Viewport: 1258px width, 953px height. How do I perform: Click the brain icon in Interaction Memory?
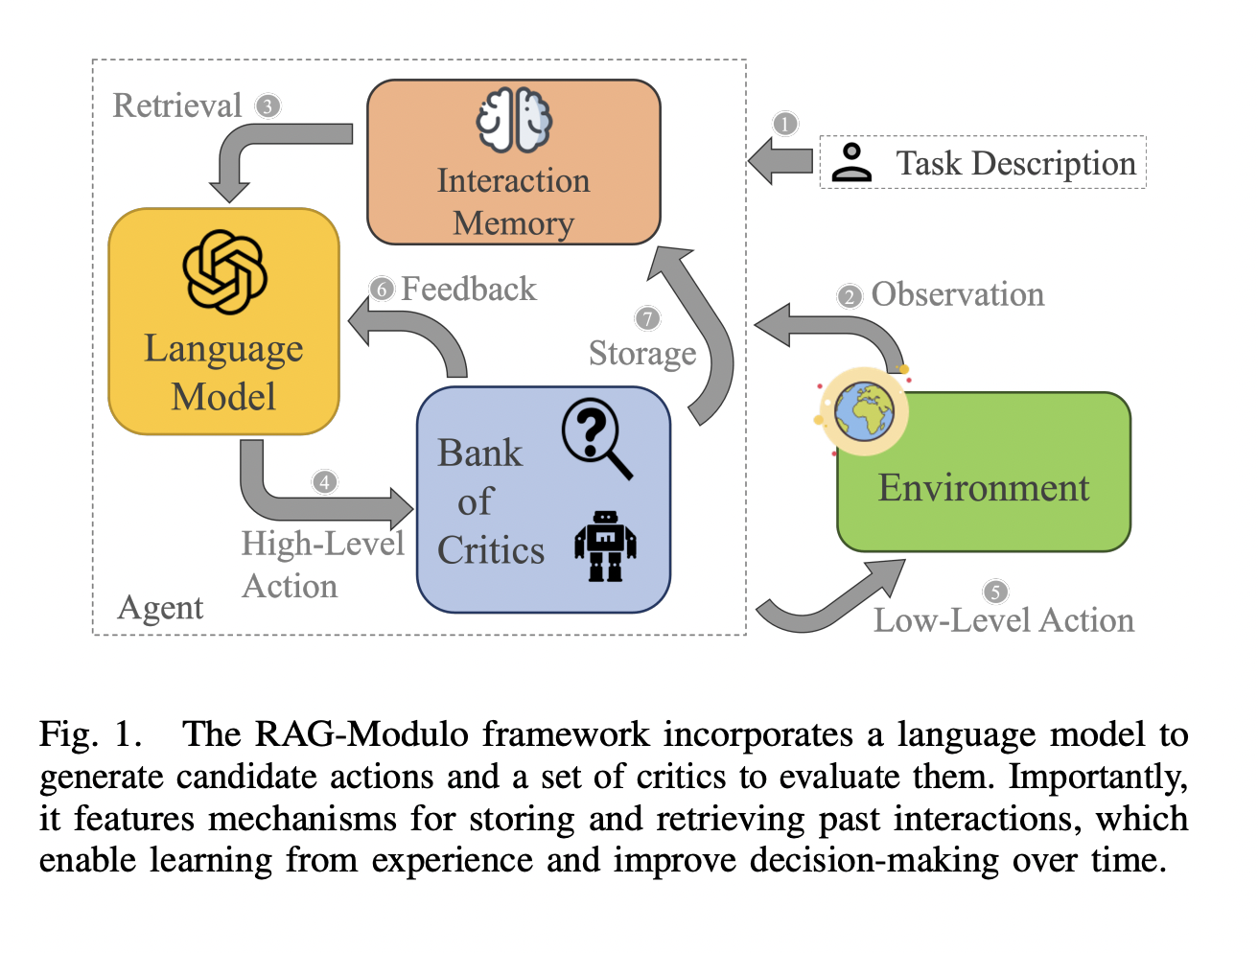pos(514,121)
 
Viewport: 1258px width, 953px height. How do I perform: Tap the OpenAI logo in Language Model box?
pos(224,272)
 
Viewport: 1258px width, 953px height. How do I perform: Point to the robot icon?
pos(605,546)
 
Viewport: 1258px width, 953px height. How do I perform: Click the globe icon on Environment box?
pos(864,411)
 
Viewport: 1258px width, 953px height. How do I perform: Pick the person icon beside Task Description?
pos(851,163)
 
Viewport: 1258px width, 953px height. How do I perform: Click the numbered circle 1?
pos(785,124)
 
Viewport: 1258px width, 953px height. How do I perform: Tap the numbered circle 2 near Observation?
pos(850,296)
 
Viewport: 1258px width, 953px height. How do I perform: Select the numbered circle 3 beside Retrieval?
pos(268,106)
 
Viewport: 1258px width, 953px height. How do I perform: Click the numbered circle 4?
pos(325,481)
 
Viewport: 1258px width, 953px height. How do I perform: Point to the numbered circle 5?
pos(995,592)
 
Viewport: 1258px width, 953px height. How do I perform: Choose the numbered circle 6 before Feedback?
pos(383,290)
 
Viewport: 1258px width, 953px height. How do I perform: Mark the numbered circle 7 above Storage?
pos(648,318)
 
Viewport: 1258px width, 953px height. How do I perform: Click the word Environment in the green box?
pos(984,488)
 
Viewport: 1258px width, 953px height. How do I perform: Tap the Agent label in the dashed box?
pos(160,608)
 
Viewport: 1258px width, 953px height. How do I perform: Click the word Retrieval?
pos(177,105)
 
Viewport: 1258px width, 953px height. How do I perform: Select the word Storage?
pos(642,354)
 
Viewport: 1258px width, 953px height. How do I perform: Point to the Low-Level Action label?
pos(1004,620)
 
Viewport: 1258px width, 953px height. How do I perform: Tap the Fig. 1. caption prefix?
pos(90,734)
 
